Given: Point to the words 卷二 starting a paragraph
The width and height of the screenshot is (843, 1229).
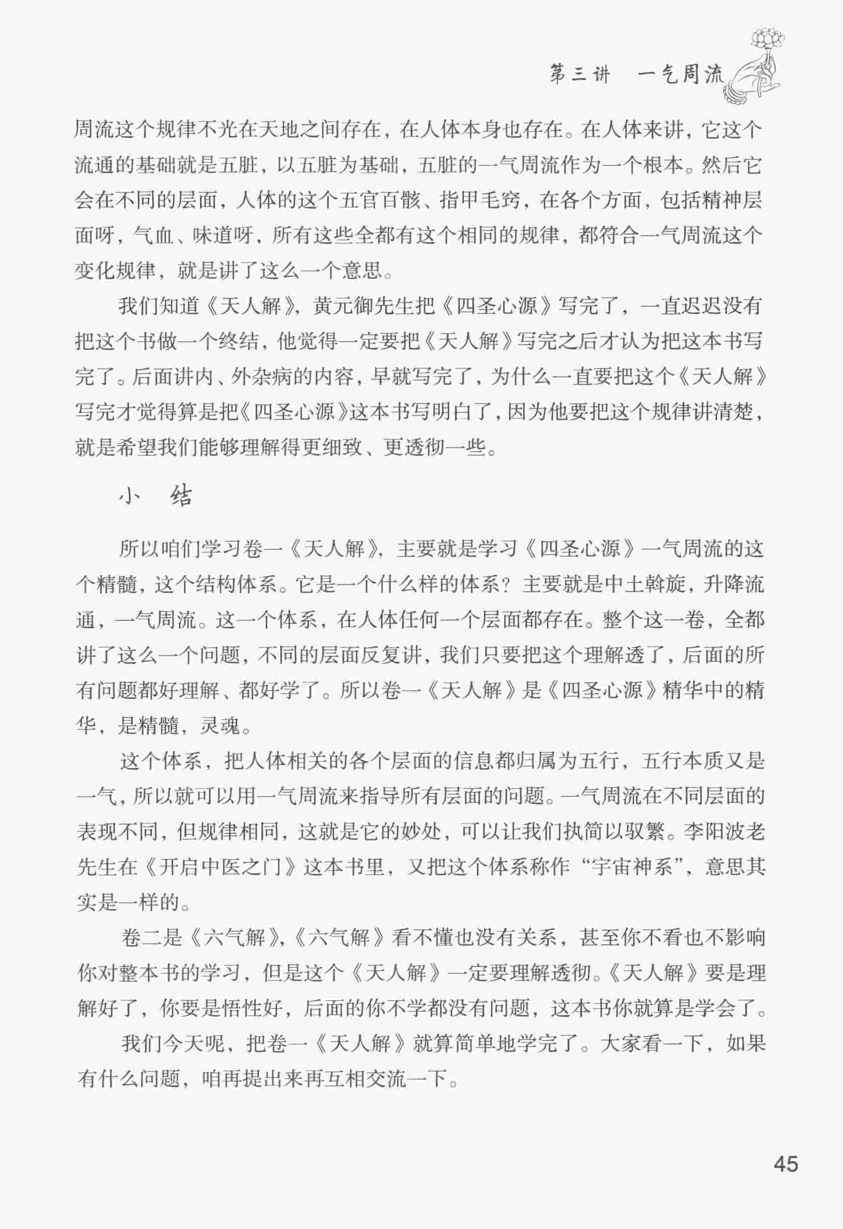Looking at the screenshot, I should coord(142,938).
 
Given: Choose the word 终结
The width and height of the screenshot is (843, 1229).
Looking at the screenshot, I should coord(241,342).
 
